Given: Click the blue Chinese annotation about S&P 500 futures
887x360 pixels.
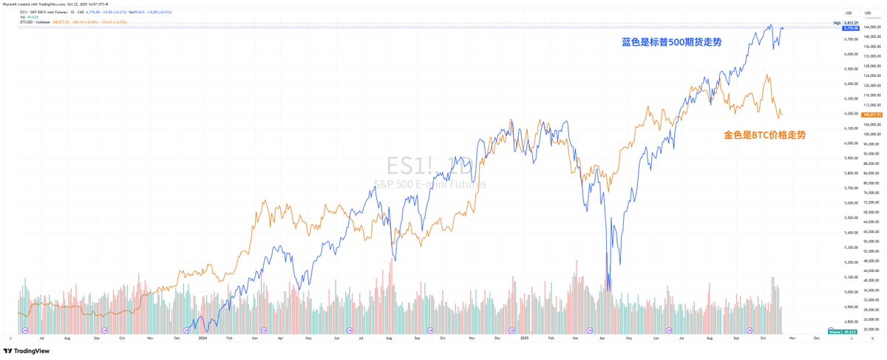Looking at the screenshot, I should click(x=671, y=42).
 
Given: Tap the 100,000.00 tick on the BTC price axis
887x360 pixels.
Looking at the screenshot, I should click(x=873, y=135).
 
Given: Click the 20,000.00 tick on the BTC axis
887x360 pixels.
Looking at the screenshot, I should click(x=873, y=330).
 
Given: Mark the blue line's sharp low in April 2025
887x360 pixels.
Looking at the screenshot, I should click(x=608, y=290).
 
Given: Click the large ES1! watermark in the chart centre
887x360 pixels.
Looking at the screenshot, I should click(x=429, y=166).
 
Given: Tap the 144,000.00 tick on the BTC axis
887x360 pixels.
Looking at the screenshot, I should click(x=873, y=27).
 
